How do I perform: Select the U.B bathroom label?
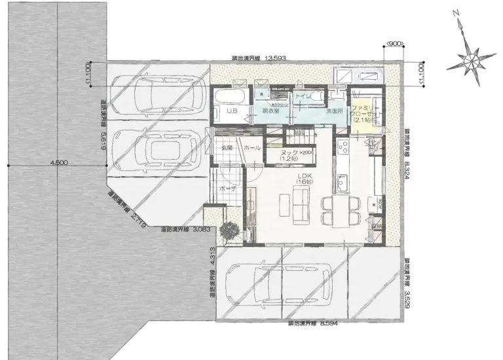[x=231, y=111]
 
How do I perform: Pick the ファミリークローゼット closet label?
[x=362, y=113]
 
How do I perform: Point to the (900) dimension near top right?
[x=394, y=44]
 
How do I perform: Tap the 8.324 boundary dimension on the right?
[x=407, y=160]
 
